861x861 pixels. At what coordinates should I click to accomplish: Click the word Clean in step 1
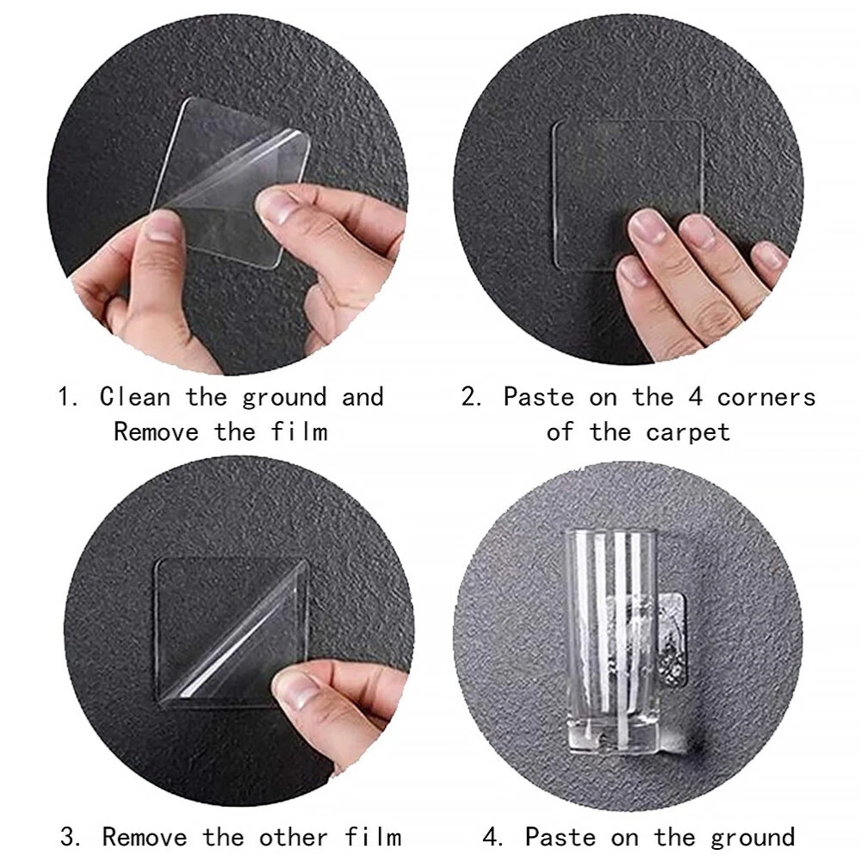point(135,397)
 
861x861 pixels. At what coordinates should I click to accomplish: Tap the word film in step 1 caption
point(300,431)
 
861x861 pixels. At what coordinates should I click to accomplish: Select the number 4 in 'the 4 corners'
point(695,397)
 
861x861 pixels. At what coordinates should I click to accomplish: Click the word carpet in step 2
point(688,433)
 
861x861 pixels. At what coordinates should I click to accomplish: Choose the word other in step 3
point(294,838)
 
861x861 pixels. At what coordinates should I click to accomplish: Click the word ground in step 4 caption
point(753,839)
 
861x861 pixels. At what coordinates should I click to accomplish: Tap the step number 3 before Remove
point(69,838)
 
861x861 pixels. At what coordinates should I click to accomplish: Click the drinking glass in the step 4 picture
point(610,640)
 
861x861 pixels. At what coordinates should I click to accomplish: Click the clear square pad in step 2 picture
point(629,195)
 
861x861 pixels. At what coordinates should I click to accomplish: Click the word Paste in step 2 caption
point(538,397)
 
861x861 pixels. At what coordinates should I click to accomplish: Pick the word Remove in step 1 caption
point(156,431)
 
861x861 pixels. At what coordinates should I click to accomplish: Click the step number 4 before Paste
point(492,838)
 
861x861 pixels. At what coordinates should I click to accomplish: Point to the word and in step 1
point(362,397)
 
